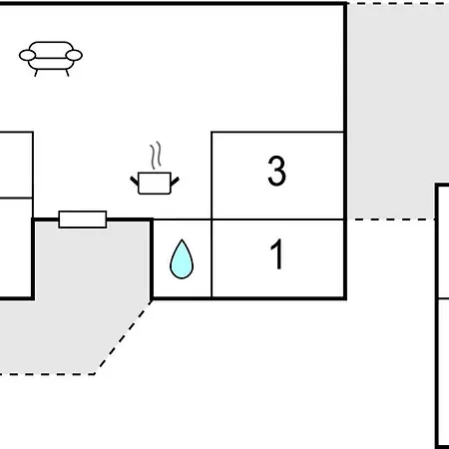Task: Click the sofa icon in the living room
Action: click(x=51, y=59)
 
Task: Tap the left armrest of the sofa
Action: click(x=27, y=55)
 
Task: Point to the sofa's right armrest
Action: click(x=74, y=55)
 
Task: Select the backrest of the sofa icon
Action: click(x=51, y=50)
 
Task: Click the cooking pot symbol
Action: click(x=155, y=183)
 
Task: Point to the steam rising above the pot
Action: click(x=156, y=155)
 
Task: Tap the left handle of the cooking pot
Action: click(x=135, y=182)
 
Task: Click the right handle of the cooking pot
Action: click(x=175, y=182)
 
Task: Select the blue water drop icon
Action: click(x=182, y=259)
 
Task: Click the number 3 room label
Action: click(x=276, y=171)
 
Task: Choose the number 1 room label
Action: click(x=276, y=254)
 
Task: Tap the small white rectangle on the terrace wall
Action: click(x=83, y=220)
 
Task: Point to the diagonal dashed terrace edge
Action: click(x=123, y=337)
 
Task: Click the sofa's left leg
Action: click(x=36, y=73)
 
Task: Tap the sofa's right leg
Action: click(x=67, y=73)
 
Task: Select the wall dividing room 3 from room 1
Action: click(x=277, y=220)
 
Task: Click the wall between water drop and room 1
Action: click(x=212, y=258)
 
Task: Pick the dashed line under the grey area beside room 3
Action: click(x=391, y=220)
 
